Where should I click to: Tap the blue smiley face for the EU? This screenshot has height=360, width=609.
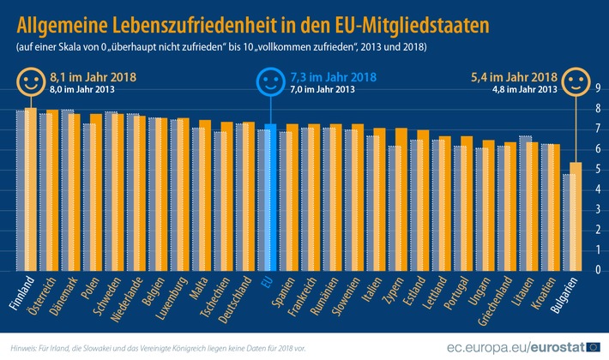point(270,82)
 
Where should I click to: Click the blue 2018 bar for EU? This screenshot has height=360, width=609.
point(271,197)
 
